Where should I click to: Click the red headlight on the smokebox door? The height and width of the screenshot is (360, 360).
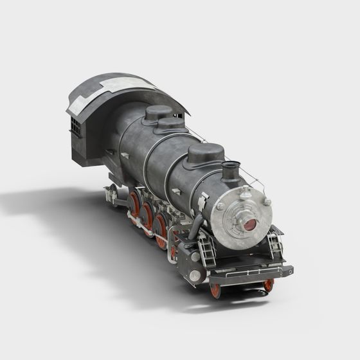click(249, 225)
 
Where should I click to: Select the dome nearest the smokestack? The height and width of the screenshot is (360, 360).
click(206, 155)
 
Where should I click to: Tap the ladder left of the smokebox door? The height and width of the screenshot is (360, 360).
click(207, 249)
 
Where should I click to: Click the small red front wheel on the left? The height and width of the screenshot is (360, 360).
click(215, 291)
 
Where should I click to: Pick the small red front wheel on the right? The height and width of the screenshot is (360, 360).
click(269, 285)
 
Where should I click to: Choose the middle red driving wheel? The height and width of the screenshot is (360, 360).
click(147, 215)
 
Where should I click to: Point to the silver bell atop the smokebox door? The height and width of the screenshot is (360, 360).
click(246, 192)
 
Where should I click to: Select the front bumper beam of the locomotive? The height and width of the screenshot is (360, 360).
click(251, 274)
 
